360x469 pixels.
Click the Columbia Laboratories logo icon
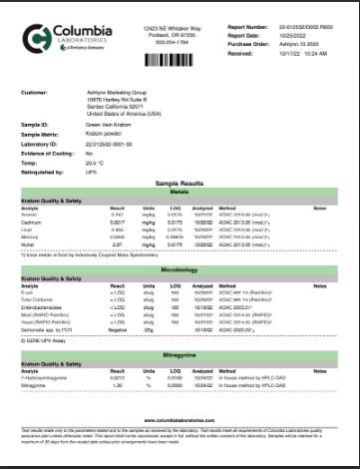[x=36, y=37]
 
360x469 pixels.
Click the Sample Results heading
[x=180, y=185]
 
